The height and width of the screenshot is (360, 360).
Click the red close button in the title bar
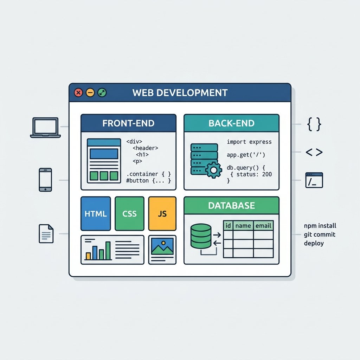pos(78,93)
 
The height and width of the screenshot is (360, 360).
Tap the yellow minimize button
pos(90,93)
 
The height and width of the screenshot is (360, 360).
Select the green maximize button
pos(102,93)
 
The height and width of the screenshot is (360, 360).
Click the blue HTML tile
pos(96,213)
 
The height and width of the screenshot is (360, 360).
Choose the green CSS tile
pos(129,213)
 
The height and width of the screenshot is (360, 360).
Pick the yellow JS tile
pos(162,213)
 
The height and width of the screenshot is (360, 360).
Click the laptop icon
pos(45,128)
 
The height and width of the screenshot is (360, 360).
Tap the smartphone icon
pos(45,180)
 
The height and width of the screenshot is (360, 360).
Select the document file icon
pos(46,234)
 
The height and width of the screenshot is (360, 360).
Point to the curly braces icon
pos(314,124)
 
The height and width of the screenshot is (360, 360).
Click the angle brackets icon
pos(314,152)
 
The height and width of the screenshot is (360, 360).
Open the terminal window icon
pos(314,180)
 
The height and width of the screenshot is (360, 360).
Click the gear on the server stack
pos(214,170)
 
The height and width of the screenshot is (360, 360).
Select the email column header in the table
pos(263,226)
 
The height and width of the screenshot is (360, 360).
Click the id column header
pos(228,226)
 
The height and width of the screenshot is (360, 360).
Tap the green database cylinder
pos(201,236)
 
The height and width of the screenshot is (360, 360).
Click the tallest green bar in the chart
pos(108,250)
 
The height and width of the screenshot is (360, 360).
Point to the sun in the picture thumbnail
pos(163,243)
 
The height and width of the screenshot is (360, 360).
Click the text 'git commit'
pos(320,234)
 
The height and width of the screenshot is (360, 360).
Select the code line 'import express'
pos(249,142)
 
